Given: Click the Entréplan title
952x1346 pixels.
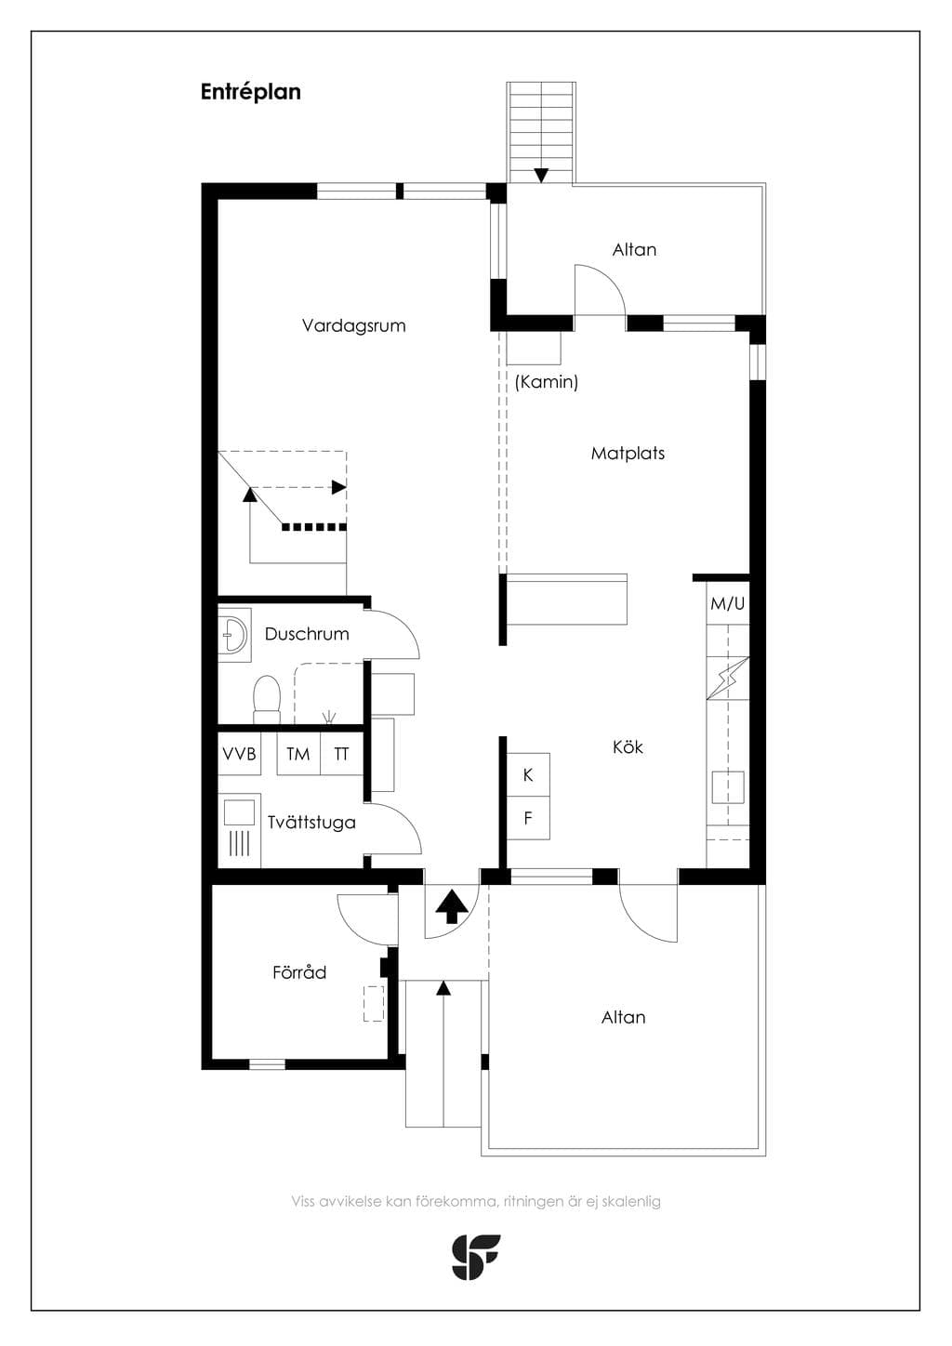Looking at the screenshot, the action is click(x=251, y=92).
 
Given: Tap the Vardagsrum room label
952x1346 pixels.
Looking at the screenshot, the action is click(x=354, y=325).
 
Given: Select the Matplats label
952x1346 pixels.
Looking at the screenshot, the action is click(x=628, y=454).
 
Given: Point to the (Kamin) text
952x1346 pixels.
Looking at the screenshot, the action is click(x=547, y=381).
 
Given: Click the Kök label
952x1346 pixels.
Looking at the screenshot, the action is click(x=628, y=747).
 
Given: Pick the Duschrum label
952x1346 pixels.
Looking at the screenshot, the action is click(x=307, y=634).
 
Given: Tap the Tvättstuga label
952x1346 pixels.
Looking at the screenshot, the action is click(x=311, y=823).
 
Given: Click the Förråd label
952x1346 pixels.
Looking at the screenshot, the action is click(x=299, y=972).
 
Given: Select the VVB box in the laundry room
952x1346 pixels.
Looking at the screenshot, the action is click(x=239, y=754).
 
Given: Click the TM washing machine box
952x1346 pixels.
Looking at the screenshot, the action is click(x=298, y=754).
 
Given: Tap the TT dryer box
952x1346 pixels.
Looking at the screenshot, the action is click(x=341, y=754).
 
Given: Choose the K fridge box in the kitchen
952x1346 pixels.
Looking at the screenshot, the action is click(x=528, y=775).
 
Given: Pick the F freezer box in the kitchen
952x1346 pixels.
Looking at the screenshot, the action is click(x=528, y=818).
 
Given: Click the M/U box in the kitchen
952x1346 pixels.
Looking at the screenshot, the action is click(x=728, y=603).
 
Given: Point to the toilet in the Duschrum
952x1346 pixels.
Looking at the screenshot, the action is click(x=267, y=700).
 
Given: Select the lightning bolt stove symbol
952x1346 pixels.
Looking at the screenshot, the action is click(x=729, y=679).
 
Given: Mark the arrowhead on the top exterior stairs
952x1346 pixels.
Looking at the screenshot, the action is click(x=541, y=176).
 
